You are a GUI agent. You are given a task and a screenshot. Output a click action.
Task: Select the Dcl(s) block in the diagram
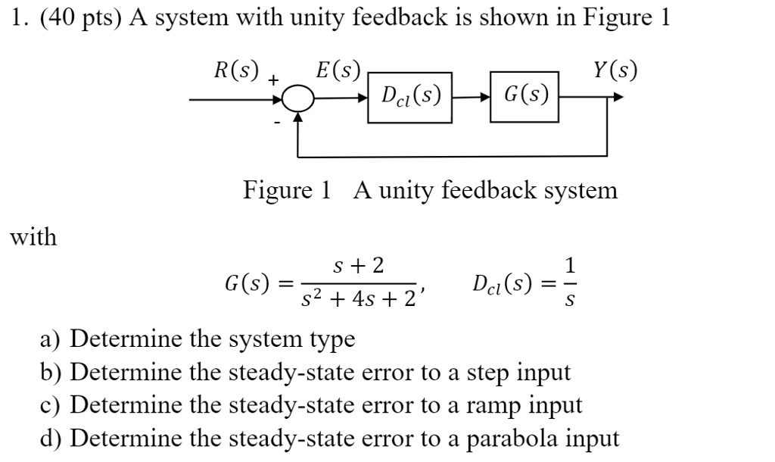click(x=410, y=96)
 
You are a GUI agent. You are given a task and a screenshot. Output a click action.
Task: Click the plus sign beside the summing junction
click(x=273, y=79)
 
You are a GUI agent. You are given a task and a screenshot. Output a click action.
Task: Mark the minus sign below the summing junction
click(x=277, y=121)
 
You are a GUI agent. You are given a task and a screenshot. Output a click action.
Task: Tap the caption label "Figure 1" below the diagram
click(x=287, y=189)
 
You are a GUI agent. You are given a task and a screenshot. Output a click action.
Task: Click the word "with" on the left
click(x=33, y=237)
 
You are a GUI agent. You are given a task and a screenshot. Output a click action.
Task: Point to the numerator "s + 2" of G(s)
click(x=359, y=265)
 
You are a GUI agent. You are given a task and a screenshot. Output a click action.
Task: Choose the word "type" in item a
click(x=328, y=339)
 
